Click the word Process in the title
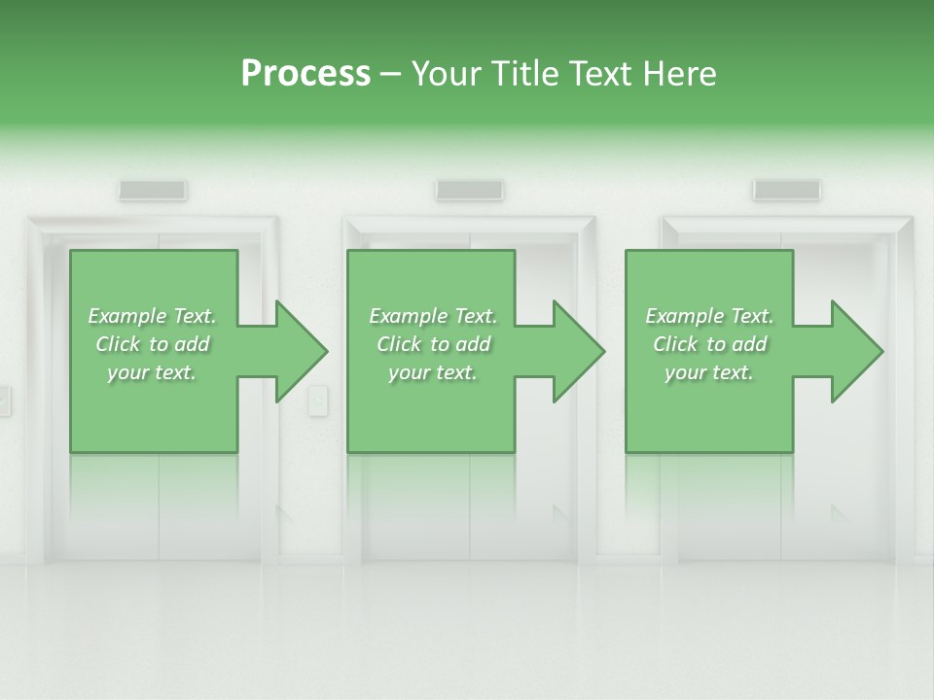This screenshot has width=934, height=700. pos(305,74)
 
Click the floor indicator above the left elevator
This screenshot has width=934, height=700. pos(153,191)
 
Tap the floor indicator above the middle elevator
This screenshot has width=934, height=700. pos(469,191)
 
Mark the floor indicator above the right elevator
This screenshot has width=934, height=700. pos(786,191)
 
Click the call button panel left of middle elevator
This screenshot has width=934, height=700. pos(317,400)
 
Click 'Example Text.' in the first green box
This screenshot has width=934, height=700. pos(152,316)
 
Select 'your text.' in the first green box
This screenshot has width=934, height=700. pos(152,372)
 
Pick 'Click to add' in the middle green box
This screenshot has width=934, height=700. pos(433,344)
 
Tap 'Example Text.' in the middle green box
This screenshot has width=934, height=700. pos(433,316)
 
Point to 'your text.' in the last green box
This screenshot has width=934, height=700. pos(709,372)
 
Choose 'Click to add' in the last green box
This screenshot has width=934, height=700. pos(709,344)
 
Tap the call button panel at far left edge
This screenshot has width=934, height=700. pos(4,400)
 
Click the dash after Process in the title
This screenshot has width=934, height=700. pos(390,74)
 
